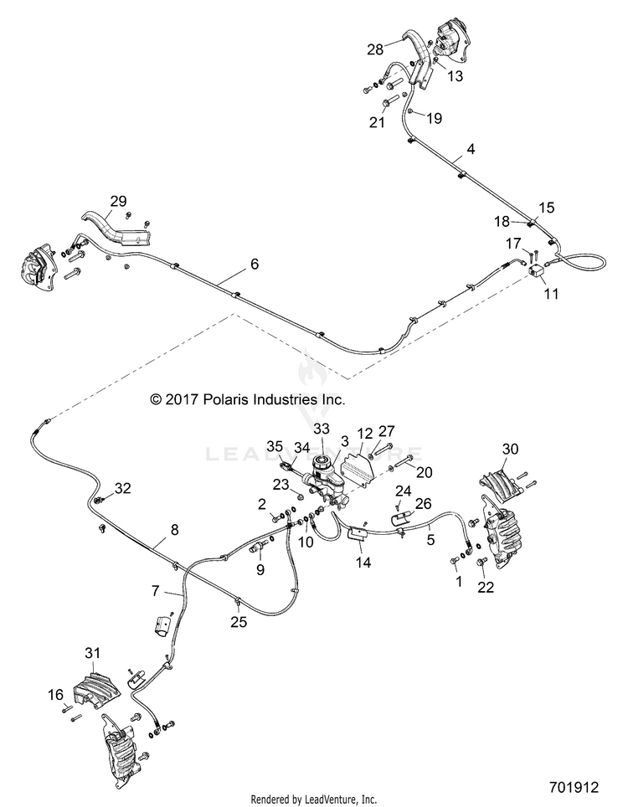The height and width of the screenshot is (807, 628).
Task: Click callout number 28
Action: click(x=375, y=49)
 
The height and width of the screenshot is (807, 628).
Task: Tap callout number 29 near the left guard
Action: click(x=118, y=201)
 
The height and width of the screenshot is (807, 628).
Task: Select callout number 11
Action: click(x=551, y=294)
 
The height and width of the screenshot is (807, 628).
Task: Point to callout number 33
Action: click(x=322, y=429)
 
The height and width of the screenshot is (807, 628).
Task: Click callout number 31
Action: click(x=93, y=653)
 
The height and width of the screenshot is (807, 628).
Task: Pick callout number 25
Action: click(x=239, y=622)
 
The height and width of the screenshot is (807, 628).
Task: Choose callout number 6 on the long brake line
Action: click(x=255, y=264)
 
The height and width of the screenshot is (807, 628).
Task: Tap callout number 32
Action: click(x=122, y=488)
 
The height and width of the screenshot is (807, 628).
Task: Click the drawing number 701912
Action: click(x=574, y=788)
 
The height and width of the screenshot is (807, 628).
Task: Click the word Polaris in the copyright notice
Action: click(x=230, y=398)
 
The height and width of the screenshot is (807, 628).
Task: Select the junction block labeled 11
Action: click(x=538, y=271)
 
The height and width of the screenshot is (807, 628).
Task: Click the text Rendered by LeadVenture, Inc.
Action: click(x=313, y=799)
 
